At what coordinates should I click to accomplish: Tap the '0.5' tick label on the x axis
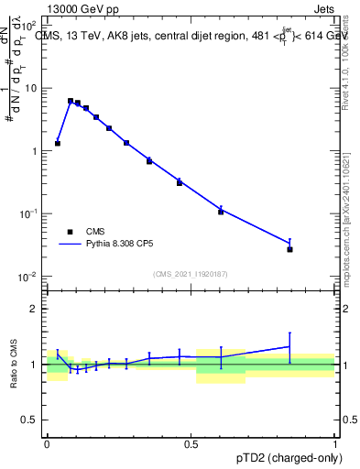point(191,443)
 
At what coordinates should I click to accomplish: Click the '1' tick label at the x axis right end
point(334,443)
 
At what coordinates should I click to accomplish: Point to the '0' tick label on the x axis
point(47,443)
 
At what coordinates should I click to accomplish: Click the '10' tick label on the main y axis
point(32,88)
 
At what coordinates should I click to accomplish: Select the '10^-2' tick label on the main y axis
point(29,276)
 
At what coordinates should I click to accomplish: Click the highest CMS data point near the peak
point(71,101)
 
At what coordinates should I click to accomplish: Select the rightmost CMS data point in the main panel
point(289,249)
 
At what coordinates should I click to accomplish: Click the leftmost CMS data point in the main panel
point(58,143)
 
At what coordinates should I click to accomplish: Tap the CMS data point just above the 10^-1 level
point(221,212)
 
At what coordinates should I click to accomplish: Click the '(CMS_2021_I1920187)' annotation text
point(190,273)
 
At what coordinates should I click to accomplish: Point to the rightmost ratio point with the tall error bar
point(289,346)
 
